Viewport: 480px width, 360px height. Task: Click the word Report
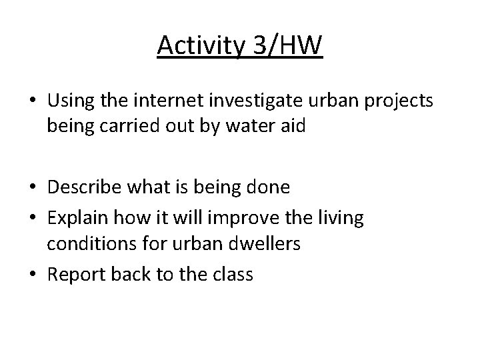[77, 273]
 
